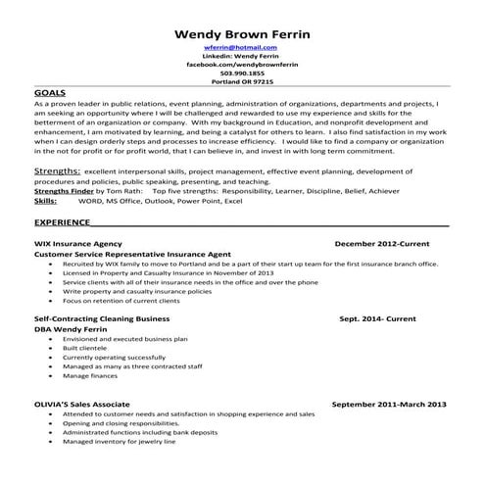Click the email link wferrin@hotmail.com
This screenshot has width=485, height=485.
[241, 48]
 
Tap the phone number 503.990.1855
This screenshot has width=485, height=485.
[241, 73]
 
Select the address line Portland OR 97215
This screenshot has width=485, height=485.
[241, 82]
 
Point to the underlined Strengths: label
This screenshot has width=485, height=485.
[57, 170]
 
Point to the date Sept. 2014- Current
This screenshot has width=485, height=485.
[377, 318]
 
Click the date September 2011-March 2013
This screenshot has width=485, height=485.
[389, 403]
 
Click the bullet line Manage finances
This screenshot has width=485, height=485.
[90, 376]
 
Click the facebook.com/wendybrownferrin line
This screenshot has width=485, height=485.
[241, 65]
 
